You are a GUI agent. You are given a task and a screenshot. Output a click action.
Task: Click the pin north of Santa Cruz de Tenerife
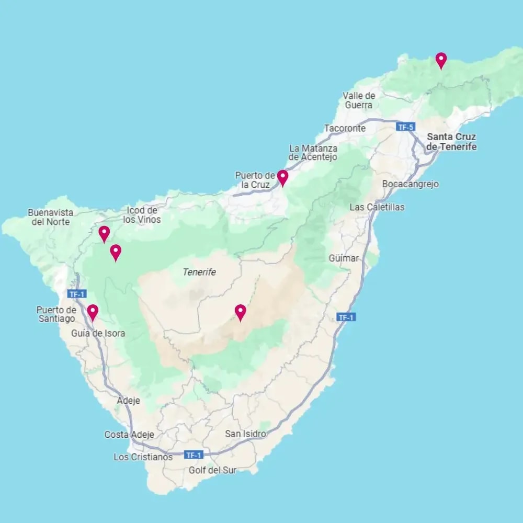pos(441,61)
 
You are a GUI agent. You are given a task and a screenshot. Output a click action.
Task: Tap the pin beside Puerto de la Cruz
pos(282,178)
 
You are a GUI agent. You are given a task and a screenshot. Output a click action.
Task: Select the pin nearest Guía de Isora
pos(93,313)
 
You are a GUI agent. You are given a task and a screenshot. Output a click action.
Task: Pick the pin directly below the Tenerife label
pos(240,313)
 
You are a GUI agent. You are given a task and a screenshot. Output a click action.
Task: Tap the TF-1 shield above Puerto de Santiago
pos(76,294)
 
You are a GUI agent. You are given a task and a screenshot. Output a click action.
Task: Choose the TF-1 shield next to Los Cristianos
pos(193,455)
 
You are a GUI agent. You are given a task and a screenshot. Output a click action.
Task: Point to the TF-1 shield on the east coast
pos(346,317)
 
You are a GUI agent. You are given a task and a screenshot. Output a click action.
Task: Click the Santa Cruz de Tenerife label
pos(451,142)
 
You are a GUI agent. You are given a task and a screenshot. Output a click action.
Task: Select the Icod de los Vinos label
pos(142,215)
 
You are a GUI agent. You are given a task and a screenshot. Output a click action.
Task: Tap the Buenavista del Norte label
pos(51,217)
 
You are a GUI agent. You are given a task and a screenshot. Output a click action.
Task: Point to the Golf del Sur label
pos(212,470)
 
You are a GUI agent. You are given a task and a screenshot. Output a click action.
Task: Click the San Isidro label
pos(245,434)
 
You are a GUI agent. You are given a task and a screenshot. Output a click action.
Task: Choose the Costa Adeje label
pos(129,435)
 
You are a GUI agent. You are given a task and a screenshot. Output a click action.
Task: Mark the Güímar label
pos(344,258)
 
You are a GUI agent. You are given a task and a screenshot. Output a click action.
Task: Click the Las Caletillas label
pos(377,207)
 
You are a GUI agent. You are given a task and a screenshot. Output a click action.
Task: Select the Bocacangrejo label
pos(410,184)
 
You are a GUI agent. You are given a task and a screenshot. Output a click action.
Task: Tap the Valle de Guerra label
pos(359,100)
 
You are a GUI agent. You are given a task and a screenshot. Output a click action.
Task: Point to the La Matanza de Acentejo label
pos(313,153)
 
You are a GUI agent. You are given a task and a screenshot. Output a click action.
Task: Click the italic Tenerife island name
pos(199,272)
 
